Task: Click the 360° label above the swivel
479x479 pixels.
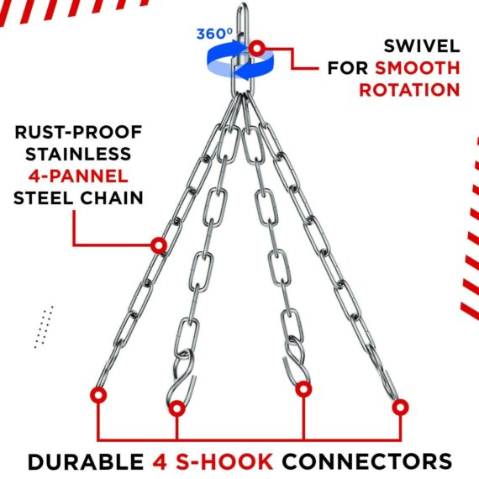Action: (x=214, y=34)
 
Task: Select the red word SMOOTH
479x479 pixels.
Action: (x=417, y=66)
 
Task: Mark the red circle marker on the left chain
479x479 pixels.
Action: (x=156, y=245)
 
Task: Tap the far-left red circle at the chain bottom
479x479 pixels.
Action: (x=100, y=394)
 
